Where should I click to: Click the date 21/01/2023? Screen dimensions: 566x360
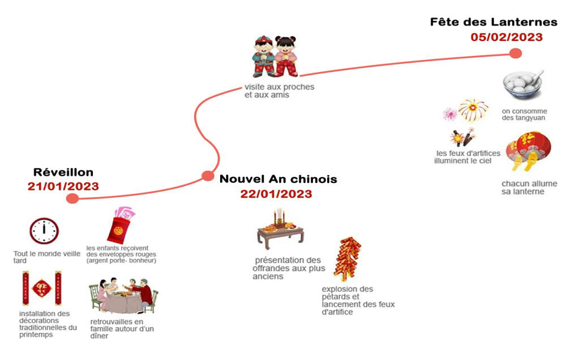(63, 186)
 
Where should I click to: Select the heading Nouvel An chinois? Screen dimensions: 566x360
(279, 179)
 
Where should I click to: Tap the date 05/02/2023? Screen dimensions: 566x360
(507, 37)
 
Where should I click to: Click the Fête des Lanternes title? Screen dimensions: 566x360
(493, 22)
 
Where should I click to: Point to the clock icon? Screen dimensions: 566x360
(44, 231)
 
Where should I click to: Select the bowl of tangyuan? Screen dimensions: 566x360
(523, 85)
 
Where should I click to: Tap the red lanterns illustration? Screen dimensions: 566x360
(529, 151)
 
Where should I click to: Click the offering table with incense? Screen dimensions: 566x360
(280, 229)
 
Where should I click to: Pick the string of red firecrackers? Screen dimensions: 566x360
(347, 258)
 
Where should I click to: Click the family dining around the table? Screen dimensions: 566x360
(123, 295)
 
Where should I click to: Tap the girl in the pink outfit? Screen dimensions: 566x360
(286, 56)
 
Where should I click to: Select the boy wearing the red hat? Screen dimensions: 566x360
(264, 57)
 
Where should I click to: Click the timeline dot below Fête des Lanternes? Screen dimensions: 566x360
(516, 53)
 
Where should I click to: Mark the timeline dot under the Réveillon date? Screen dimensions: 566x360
(73, 199)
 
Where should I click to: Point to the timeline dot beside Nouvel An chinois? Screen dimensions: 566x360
(208, 176)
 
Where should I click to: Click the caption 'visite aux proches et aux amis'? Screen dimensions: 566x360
(279, 91)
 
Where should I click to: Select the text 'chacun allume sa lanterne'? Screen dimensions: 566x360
(529, 188)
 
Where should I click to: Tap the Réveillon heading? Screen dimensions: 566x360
(63, 172)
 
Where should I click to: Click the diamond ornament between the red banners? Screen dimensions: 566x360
(42, 288)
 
